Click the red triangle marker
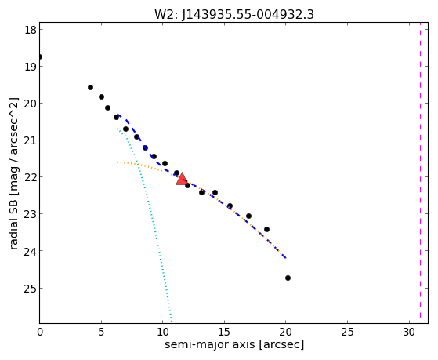[x=182, y=180]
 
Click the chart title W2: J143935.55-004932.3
[x=234, y=14]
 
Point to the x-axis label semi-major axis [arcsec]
[x=234, y=344]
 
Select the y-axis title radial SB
[x=13, y=220]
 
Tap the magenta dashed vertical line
[x=420, y=173]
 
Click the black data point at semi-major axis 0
[x=40, y=56]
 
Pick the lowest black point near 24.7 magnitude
[x=288, y=278]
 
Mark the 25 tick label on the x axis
[x=347, y=332]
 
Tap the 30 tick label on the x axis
[x=409, y=332]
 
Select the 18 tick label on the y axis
[x=31, y=29]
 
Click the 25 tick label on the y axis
[x=31, y=288]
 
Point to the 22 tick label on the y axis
[x=31, y=177]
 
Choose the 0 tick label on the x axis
[x=40, y=332]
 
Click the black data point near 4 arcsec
[x=90, y=87]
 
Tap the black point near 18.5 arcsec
[x=266, y=229]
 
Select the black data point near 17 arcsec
[x=248, y=216]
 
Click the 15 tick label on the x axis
[x=224, y=332]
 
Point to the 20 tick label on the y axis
[x=31, y=104]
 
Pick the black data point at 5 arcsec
[x=101, y=96]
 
